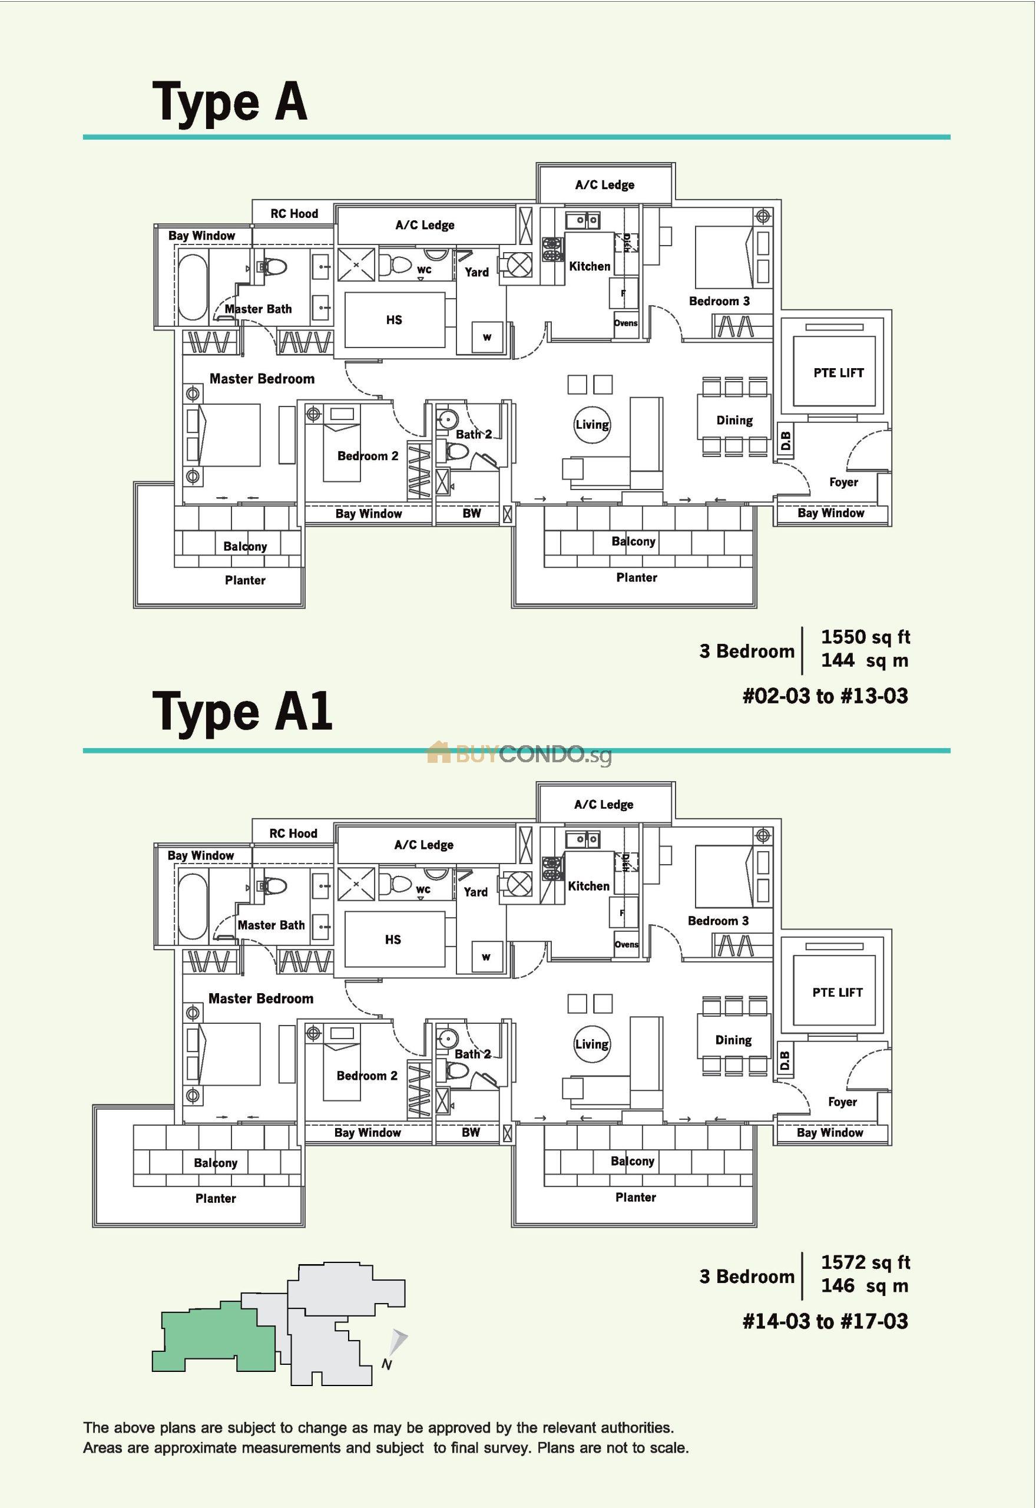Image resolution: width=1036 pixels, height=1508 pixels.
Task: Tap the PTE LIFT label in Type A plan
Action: tap(838, 373)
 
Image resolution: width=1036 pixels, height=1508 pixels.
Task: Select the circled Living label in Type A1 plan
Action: tap(591, 1044)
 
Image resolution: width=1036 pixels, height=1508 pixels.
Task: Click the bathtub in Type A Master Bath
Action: tap(192, 287)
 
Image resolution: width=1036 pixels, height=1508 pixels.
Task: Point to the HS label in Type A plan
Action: tap(394, 320)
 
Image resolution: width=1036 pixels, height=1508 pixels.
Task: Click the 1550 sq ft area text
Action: tap(865, 637)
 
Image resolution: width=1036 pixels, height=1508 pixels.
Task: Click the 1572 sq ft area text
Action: tap(865, 1262)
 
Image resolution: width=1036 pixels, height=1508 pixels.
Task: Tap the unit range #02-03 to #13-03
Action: tap(825, 696)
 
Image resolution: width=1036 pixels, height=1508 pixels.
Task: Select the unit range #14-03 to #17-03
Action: tap(825, 1321)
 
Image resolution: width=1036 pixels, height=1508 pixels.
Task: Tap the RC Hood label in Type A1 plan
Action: tap(293, 833)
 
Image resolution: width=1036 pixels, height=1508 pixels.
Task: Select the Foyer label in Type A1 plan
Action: tap(842, 1102)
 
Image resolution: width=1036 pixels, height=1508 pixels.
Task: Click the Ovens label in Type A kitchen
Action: tap(625, 323)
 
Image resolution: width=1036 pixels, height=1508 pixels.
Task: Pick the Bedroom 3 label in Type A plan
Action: tap(719, 301)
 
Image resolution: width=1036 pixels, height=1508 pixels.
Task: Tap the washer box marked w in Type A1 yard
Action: tap(486, 957)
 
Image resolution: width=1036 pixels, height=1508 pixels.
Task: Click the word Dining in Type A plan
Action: tap(734, 420)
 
